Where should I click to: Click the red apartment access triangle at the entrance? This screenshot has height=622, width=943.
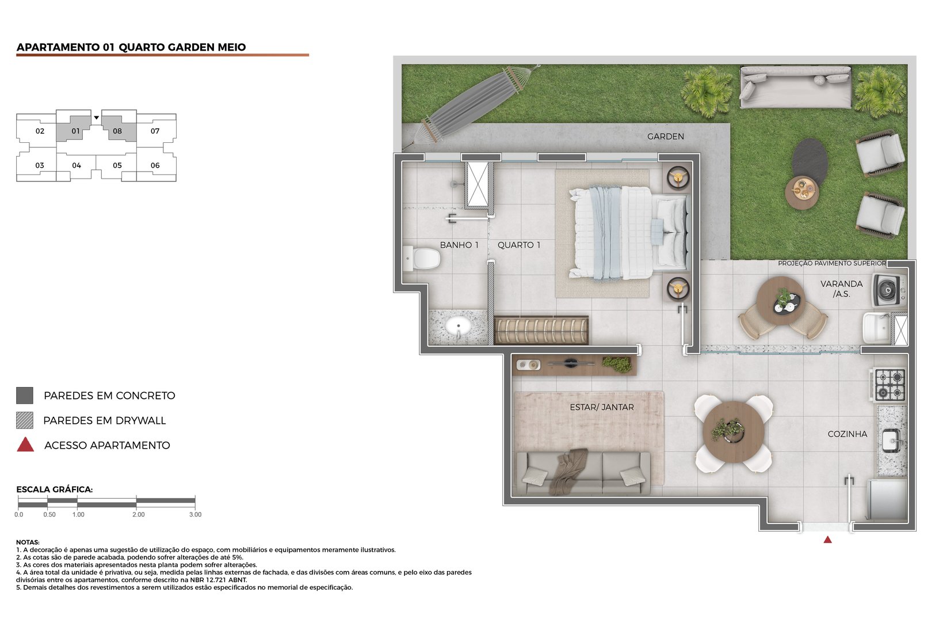(827, 540)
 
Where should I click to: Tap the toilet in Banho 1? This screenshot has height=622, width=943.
(423, 259)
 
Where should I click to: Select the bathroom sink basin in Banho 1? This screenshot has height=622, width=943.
(458, 327)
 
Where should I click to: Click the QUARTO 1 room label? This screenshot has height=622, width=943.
(519, 245)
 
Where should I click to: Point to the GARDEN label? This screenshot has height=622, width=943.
(665, 136)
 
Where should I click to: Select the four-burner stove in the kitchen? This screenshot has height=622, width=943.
(889, 385)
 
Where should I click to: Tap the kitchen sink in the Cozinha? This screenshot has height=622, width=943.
(891, 441)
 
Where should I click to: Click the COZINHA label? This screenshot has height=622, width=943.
(847, 434)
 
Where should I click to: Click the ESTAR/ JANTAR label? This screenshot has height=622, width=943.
(602, 407)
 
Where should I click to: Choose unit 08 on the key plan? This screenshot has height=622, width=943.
(118, 131)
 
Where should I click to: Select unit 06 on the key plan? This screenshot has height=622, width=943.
(155, 165)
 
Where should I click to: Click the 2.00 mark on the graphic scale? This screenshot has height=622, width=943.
(138, 514)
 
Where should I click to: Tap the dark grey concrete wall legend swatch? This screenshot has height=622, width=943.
(25, 396)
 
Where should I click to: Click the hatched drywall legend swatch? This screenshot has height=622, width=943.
(25, 420)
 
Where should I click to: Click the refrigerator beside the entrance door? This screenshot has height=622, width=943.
(887, 499)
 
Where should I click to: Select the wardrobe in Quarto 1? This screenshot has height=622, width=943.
(541, 331)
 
